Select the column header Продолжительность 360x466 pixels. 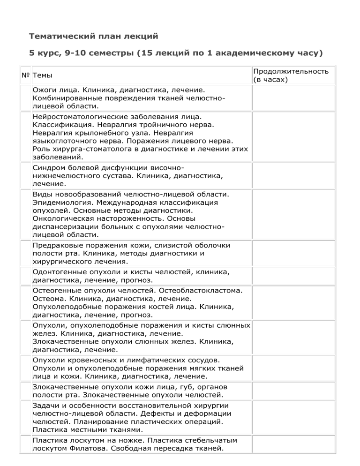(291, 71)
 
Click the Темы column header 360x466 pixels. (42, 75)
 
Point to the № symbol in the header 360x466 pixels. (26, 75)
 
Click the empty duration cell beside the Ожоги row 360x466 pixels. (293, 98)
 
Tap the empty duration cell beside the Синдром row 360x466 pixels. (293, 175)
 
